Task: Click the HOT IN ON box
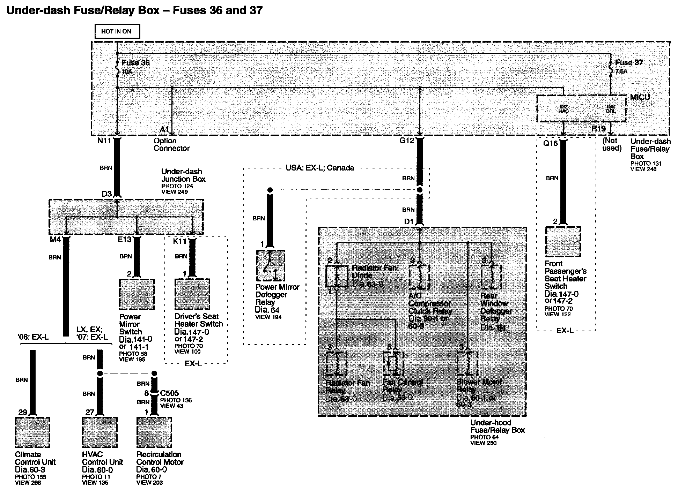pos(117,31)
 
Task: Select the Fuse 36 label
pos(135,63)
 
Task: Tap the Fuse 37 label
pos(629,63)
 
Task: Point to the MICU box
pos(581,108)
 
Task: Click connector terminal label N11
pos(104,141)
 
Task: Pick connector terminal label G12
pos(407,141)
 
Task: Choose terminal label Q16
pos(551,143)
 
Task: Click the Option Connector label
pos(171,145)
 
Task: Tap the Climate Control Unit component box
pos(32,432)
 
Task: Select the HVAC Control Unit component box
pos(100,432)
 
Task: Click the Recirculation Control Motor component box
pos(154,432)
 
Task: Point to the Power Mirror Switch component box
pos(137,294)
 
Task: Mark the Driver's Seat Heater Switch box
pos(192,294)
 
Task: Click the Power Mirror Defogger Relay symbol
pos(271,266)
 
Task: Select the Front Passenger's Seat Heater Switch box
pos(563,242)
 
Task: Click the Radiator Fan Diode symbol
pos(337,276)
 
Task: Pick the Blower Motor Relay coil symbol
pos(467,363)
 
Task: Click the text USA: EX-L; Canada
pos(319,168)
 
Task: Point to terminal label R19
pos(598,129)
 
